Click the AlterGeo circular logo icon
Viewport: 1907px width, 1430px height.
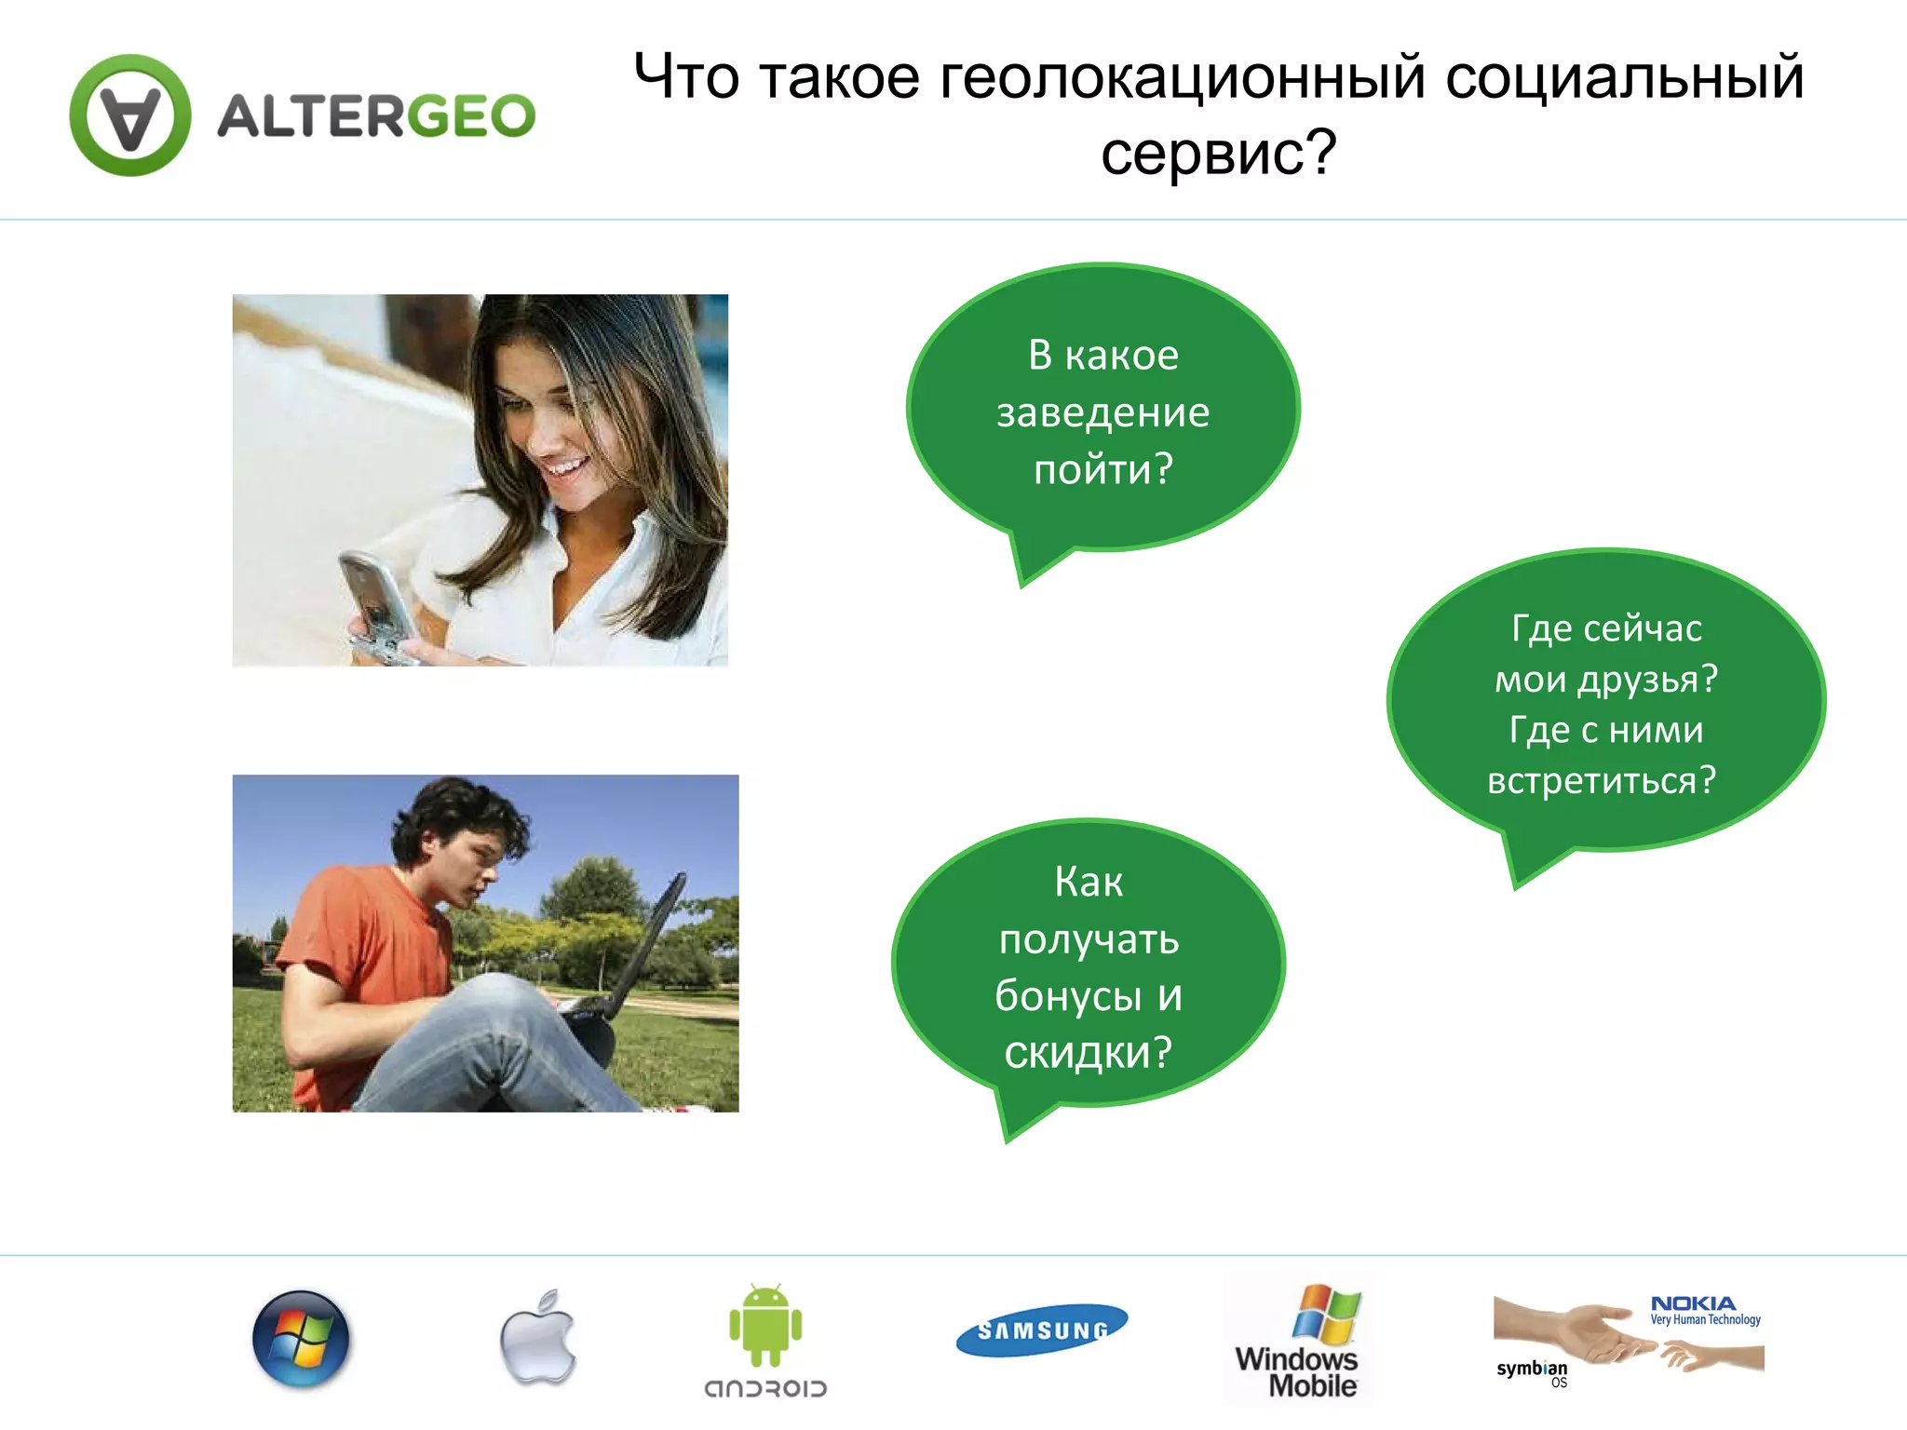pos(130,115)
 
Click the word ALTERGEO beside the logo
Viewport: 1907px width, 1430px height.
pos(376,116)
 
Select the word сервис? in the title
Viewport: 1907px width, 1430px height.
pos(1218,153)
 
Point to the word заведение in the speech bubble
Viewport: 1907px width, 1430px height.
pos(1102,412)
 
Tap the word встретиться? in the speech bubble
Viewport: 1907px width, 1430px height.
pos(1602,780)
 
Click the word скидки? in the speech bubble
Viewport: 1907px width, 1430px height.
pos(1088,1052)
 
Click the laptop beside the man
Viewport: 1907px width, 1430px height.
pos(633,959)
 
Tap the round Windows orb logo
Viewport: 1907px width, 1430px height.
pos(301,1339)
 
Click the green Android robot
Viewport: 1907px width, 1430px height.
pos(765,1326)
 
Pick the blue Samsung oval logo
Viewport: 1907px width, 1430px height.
pos(1042,1330)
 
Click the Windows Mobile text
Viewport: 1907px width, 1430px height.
pos(1297,1371)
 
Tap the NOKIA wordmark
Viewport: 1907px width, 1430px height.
pos(1693,1303)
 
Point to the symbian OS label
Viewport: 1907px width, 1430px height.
pos(1533,1370)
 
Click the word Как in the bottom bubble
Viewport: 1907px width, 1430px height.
pos(1089,882)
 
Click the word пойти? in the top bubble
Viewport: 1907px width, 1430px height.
pos(1102,469)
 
